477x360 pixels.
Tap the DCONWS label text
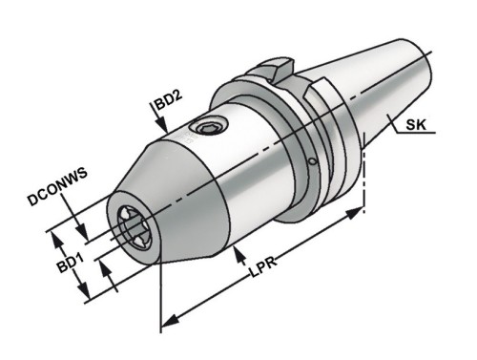coord(57,187)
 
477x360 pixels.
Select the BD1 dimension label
coord(71,262)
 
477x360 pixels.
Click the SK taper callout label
coord(416,124)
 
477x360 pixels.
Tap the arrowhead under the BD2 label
coord(162,125)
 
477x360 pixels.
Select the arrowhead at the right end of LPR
coord(355,213)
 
